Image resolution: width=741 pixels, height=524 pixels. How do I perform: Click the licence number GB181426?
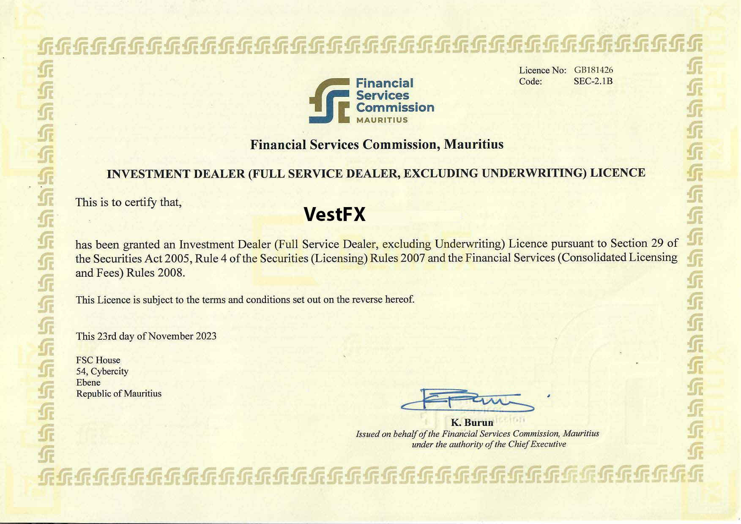(x=593, y=70)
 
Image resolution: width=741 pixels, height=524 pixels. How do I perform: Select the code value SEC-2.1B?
(x=593, y=81)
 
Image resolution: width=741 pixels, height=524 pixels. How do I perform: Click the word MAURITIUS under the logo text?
(x=382, y=120)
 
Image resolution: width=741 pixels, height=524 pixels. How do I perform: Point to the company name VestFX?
(x=334, y=214)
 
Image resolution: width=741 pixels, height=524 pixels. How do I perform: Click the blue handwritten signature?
(x=467, y=401)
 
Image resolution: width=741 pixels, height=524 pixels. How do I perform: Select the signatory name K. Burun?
(x=472, y=423)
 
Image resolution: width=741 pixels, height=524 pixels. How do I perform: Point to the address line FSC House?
(x=98, y=360)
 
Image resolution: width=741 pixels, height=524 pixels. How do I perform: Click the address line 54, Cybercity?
(x=102, y=371)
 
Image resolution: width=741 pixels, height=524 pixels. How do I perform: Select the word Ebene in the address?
(x=88, y=382)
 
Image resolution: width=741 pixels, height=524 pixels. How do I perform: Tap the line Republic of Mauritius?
(x=119, y=394)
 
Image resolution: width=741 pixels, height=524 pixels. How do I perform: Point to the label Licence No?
(x=542, y=71)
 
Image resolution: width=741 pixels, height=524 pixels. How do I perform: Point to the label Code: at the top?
(x=530, y=82)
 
